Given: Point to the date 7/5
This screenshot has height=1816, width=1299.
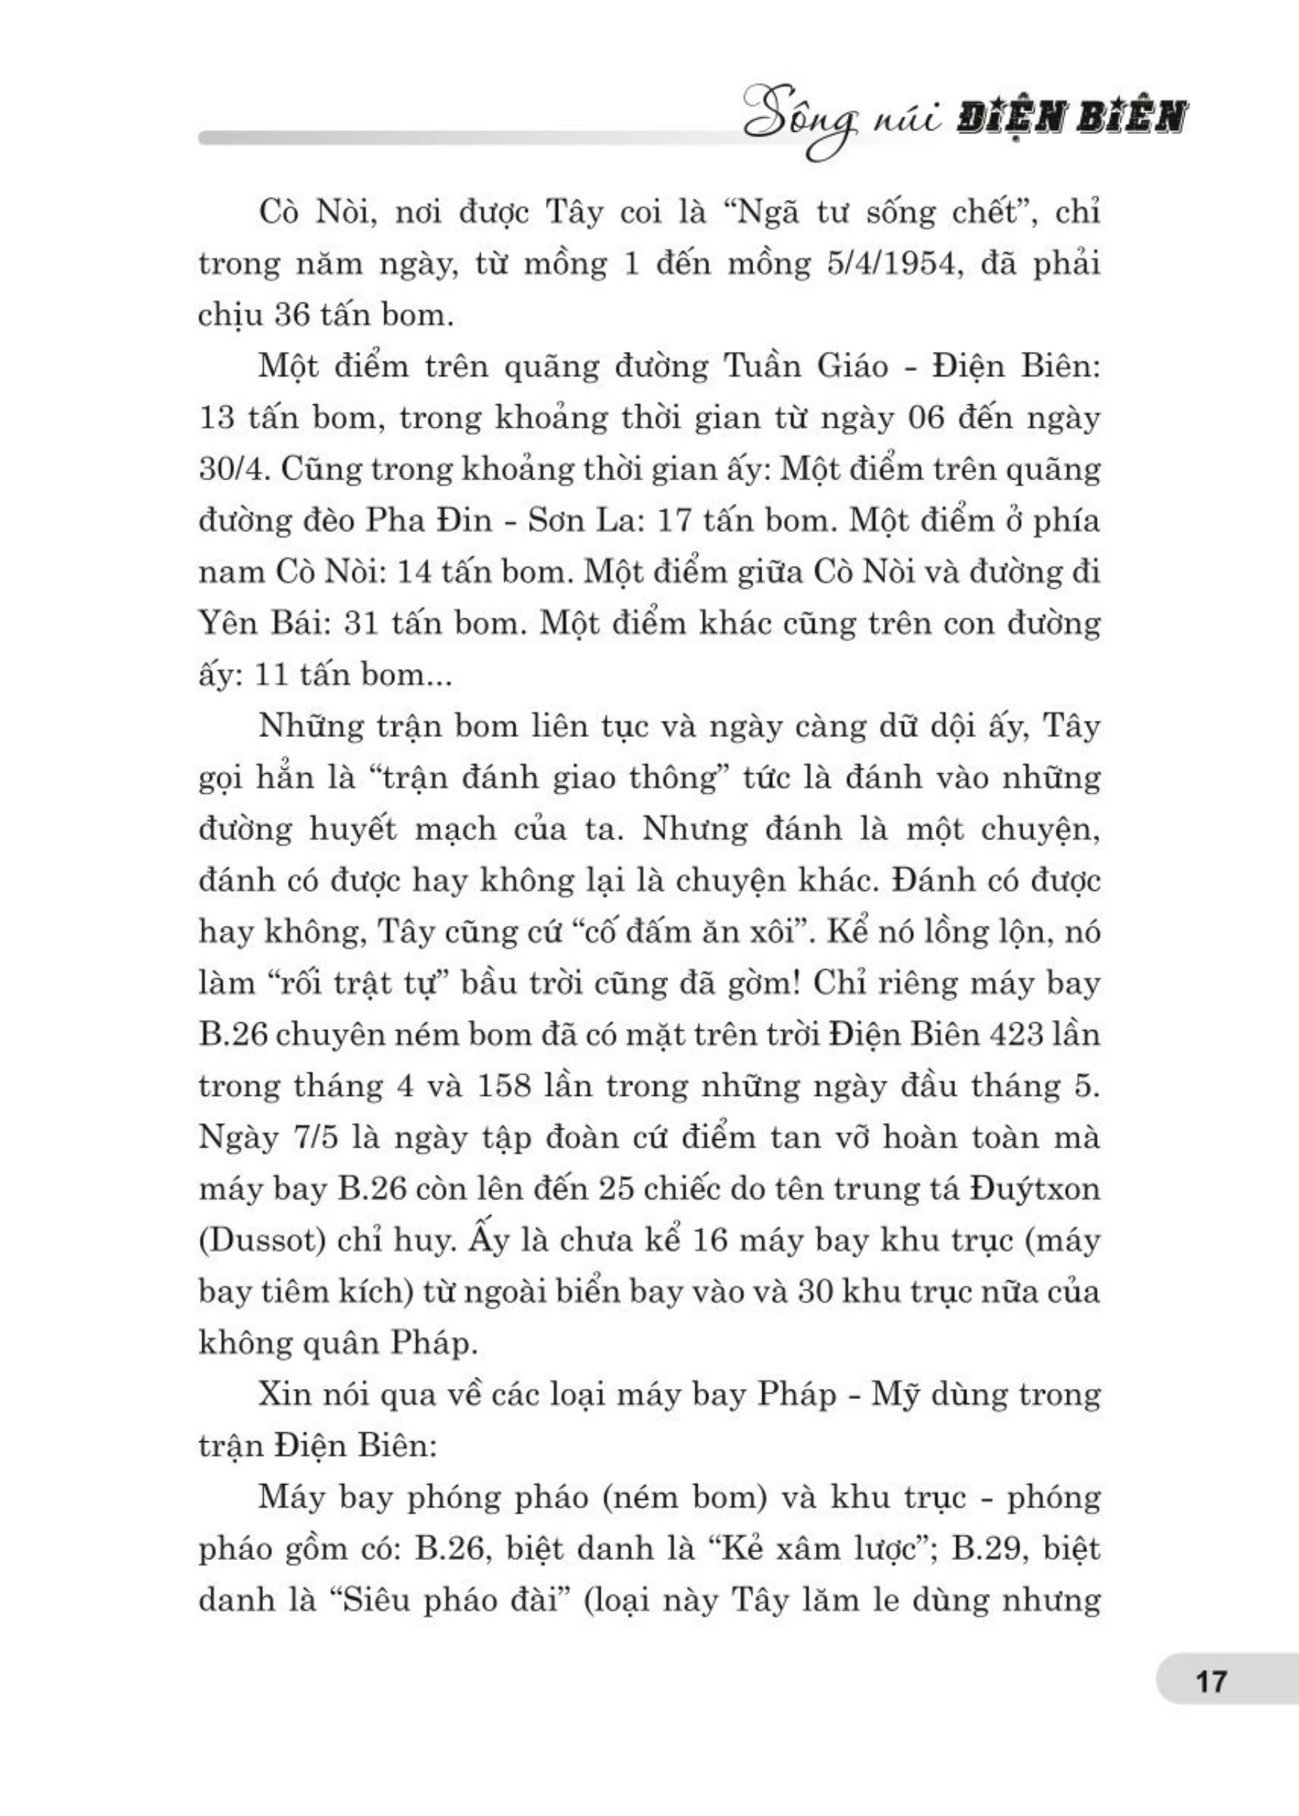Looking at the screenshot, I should pos(311,1137).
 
